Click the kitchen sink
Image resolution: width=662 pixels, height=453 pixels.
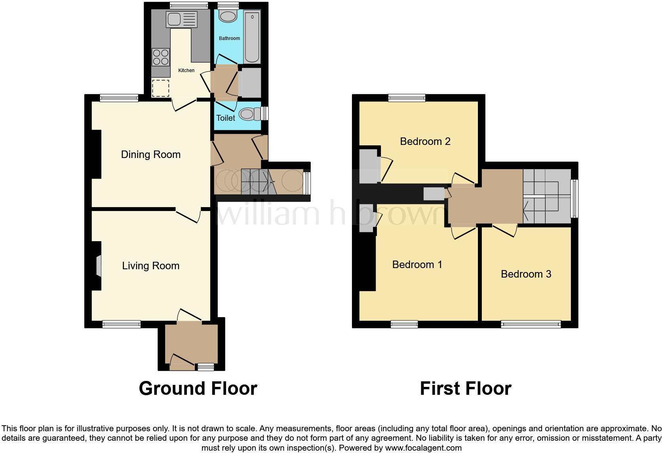(182, 19)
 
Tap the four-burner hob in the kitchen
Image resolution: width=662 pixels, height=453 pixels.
(160, 57)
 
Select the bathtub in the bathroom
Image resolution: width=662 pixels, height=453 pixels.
(252, 37)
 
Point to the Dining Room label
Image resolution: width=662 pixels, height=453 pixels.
(150, 154)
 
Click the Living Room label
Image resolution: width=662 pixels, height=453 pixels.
(150, 266)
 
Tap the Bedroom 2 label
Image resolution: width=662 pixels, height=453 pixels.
(425, 141)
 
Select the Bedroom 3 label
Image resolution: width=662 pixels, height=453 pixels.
(526, 274)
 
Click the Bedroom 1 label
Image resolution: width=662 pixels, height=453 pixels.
(417, 265)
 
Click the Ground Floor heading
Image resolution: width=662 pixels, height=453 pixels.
(198, 388)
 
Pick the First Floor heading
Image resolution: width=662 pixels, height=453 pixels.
(465, 388)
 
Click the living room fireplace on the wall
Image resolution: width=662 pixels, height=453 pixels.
(98, 265)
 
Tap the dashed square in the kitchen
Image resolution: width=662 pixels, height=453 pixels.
(160, 88)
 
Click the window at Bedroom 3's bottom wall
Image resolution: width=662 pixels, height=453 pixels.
(531, 324)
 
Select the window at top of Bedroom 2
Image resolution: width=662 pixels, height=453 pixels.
(407, 97)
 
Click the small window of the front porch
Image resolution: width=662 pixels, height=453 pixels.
(205, 367)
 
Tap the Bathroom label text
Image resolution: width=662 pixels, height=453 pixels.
(229, 38)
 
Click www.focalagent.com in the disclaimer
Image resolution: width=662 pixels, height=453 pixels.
(423, 448)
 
